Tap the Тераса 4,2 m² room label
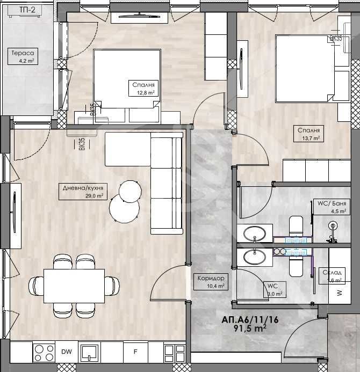[x=23, y=56]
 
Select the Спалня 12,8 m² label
[x=143, y=88]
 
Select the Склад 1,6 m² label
[x=332, y=276]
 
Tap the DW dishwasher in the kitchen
[x=67, y=352]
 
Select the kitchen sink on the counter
[x=89, y=353]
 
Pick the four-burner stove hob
[x=44, y=353]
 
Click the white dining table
[x=74, y=285]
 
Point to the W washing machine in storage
[x=339, y=293]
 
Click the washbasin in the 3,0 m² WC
[x=254, y=256]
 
